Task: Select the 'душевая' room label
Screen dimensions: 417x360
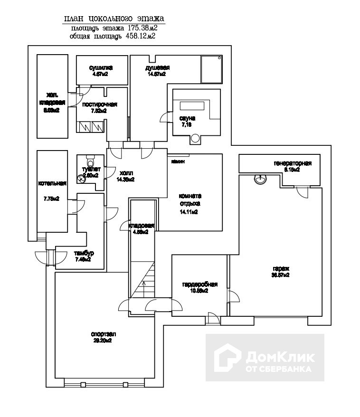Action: [x=157, y=68]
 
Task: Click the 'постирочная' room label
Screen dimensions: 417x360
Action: [x=99, y=104]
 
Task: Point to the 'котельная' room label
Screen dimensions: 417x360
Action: [x=52, y=183]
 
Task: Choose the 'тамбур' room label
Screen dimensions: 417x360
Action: [x=80, y=253]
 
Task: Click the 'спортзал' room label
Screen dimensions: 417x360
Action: [x=103, y=334]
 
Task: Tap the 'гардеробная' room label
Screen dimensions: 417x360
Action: [x=199, y=284]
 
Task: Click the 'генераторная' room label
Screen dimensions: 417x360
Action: [x=293, y=164]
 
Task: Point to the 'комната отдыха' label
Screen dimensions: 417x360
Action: [x=190, y=199]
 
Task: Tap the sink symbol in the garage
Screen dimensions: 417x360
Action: [x=260, y=179]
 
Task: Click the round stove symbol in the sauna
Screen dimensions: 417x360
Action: [x=196, y=139]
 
